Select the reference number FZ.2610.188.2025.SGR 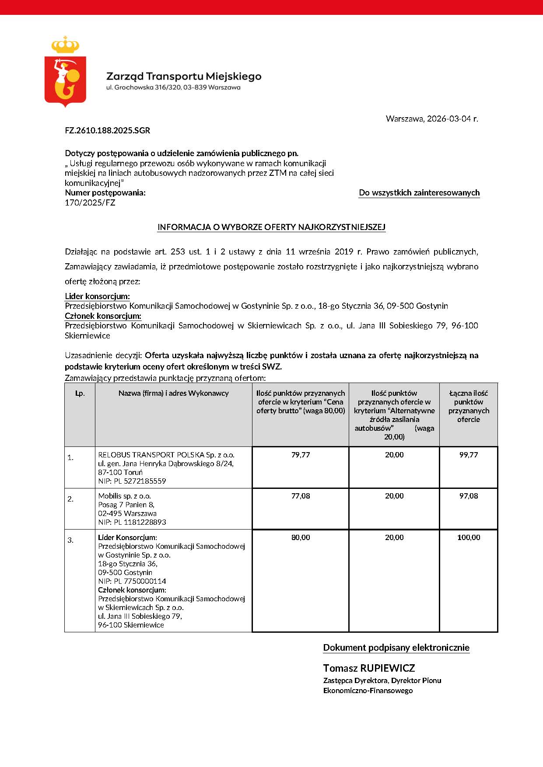pos(107,130)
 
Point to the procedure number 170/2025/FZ pos(90,202)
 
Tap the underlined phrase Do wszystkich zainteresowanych pos(419,193)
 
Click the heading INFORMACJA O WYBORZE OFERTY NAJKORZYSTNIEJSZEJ pos(271,227)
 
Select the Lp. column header pos(80,393)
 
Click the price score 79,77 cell pos(301,455)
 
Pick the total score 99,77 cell pos(468,455)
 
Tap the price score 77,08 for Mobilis pos(301,496)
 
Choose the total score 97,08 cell pos(468,496)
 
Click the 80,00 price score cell pos(301,537)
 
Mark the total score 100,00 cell pos(468,537)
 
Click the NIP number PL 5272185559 pos(132,481)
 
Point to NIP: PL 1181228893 pos(132,522)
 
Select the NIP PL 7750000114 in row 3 pos(132,581)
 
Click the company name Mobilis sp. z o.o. pos(125,496)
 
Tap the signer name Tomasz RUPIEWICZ pos(369,668)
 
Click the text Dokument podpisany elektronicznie pos(396,648)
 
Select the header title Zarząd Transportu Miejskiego pos(184,77)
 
